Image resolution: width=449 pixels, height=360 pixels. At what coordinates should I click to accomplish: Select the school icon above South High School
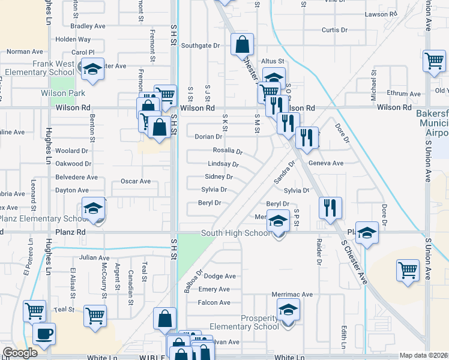[278, 220]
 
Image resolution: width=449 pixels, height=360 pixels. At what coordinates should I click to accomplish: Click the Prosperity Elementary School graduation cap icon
[288, 309]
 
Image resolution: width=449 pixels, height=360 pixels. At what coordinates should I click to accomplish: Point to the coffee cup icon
[43, 333]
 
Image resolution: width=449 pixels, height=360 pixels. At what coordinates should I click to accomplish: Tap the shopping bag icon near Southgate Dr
[241, 44]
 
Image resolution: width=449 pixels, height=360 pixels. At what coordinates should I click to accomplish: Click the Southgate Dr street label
[200, 45]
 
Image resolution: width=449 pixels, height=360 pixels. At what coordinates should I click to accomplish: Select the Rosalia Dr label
[228, 151]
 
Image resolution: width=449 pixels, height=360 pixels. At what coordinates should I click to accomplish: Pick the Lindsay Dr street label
[223, 164]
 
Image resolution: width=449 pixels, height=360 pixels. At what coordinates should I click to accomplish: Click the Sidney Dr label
[218, 177]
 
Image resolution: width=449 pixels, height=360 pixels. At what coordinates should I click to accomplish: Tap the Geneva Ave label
[325, 163]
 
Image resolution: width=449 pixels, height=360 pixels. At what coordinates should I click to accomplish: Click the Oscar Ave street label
[135, 181]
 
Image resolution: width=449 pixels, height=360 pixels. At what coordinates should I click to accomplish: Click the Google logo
[19, 353]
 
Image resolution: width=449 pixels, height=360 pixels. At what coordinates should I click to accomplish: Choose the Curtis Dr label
[335, 29]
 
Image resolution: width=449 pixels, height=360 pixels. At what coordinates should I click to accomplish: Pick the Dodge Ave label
[220, 276]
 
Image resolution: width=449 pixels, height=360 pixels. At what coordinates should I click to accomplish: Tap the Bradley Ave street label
[88, 26]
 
